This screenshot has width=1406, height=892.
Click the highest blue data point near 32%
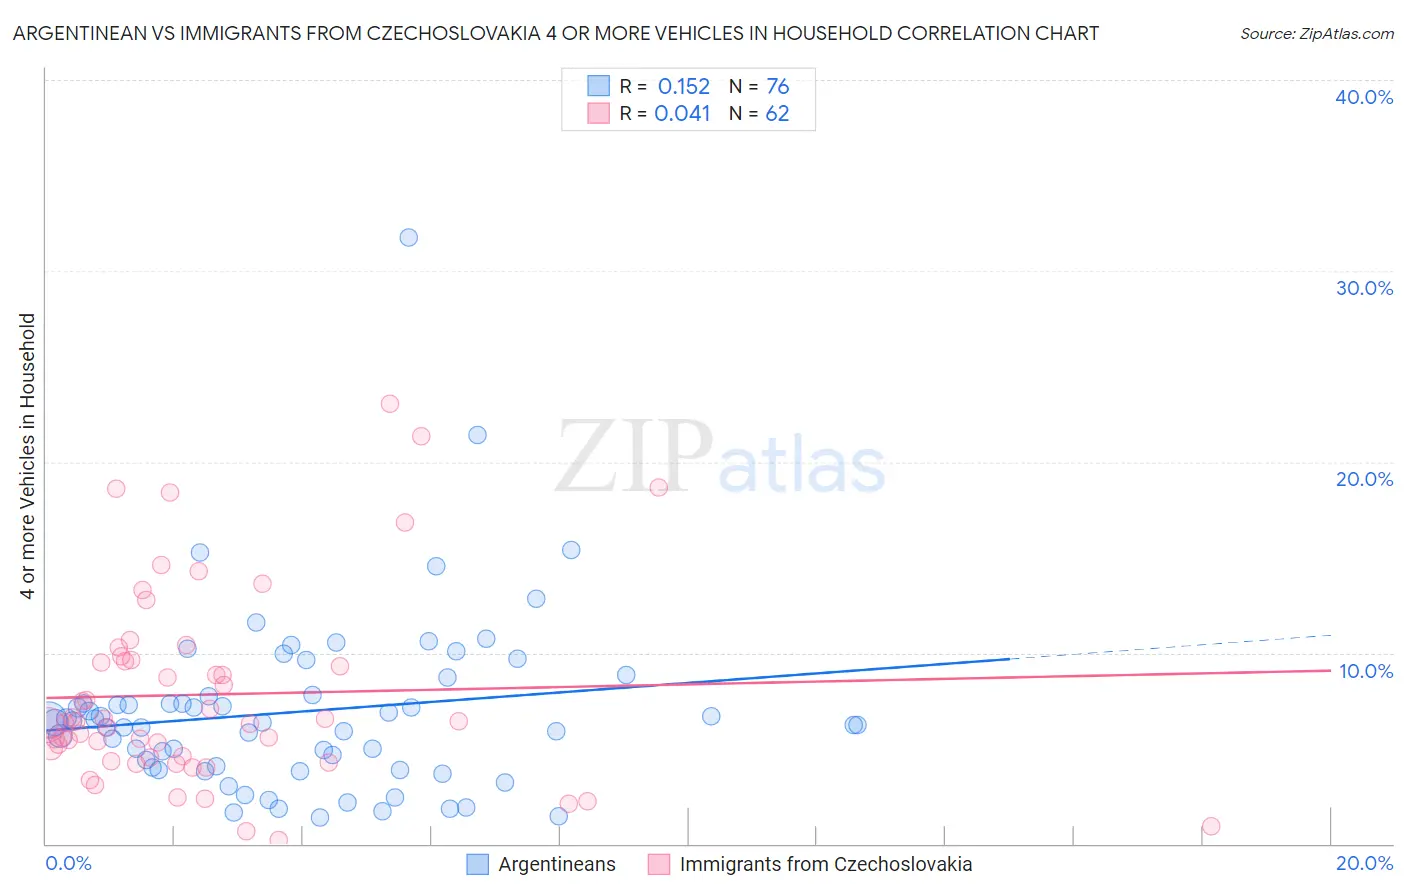(x=408, y=238)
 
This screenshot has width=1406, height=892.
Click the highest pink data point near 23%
(x=390, y=404)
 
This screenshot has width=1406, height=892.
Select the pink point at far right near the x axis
(x=1211, y=826)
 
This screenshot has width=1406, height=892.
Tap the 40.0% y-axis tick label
(x=1364, y=97)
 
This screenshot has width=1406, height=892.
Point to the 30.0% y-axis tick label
(x=1364, y=288)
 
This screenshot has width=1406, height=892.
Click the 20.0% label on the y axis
(x=1364, y=479)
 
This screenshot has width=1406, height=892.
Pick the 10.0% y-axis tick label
(x=1366, y=671)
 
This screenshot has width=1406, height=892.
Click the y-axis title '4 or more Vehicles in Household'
(x=28, y=456)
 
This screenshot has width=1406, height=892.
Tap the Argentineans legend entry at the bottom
(x=556, y=865)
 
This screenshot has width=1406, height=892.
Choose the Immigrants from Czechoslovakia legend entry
(x=825, y=865)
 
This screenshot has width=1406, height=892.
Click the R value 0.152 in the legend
(x=683, y=87)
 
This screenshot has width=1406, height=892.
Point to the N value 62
(x=777, y=114)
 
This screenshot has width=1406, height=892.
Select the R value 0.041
(x=682, y=114)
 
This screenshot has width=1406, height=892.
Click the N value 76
(x=777, y=87)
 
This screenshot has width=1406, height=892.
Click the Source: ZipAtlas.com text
(x=1316, y=34)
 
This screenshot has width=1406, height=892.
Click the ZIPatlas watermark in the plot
(x=720, y=458)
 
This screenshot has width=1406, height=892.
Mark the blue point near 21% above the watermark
(x=477, y=435)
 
